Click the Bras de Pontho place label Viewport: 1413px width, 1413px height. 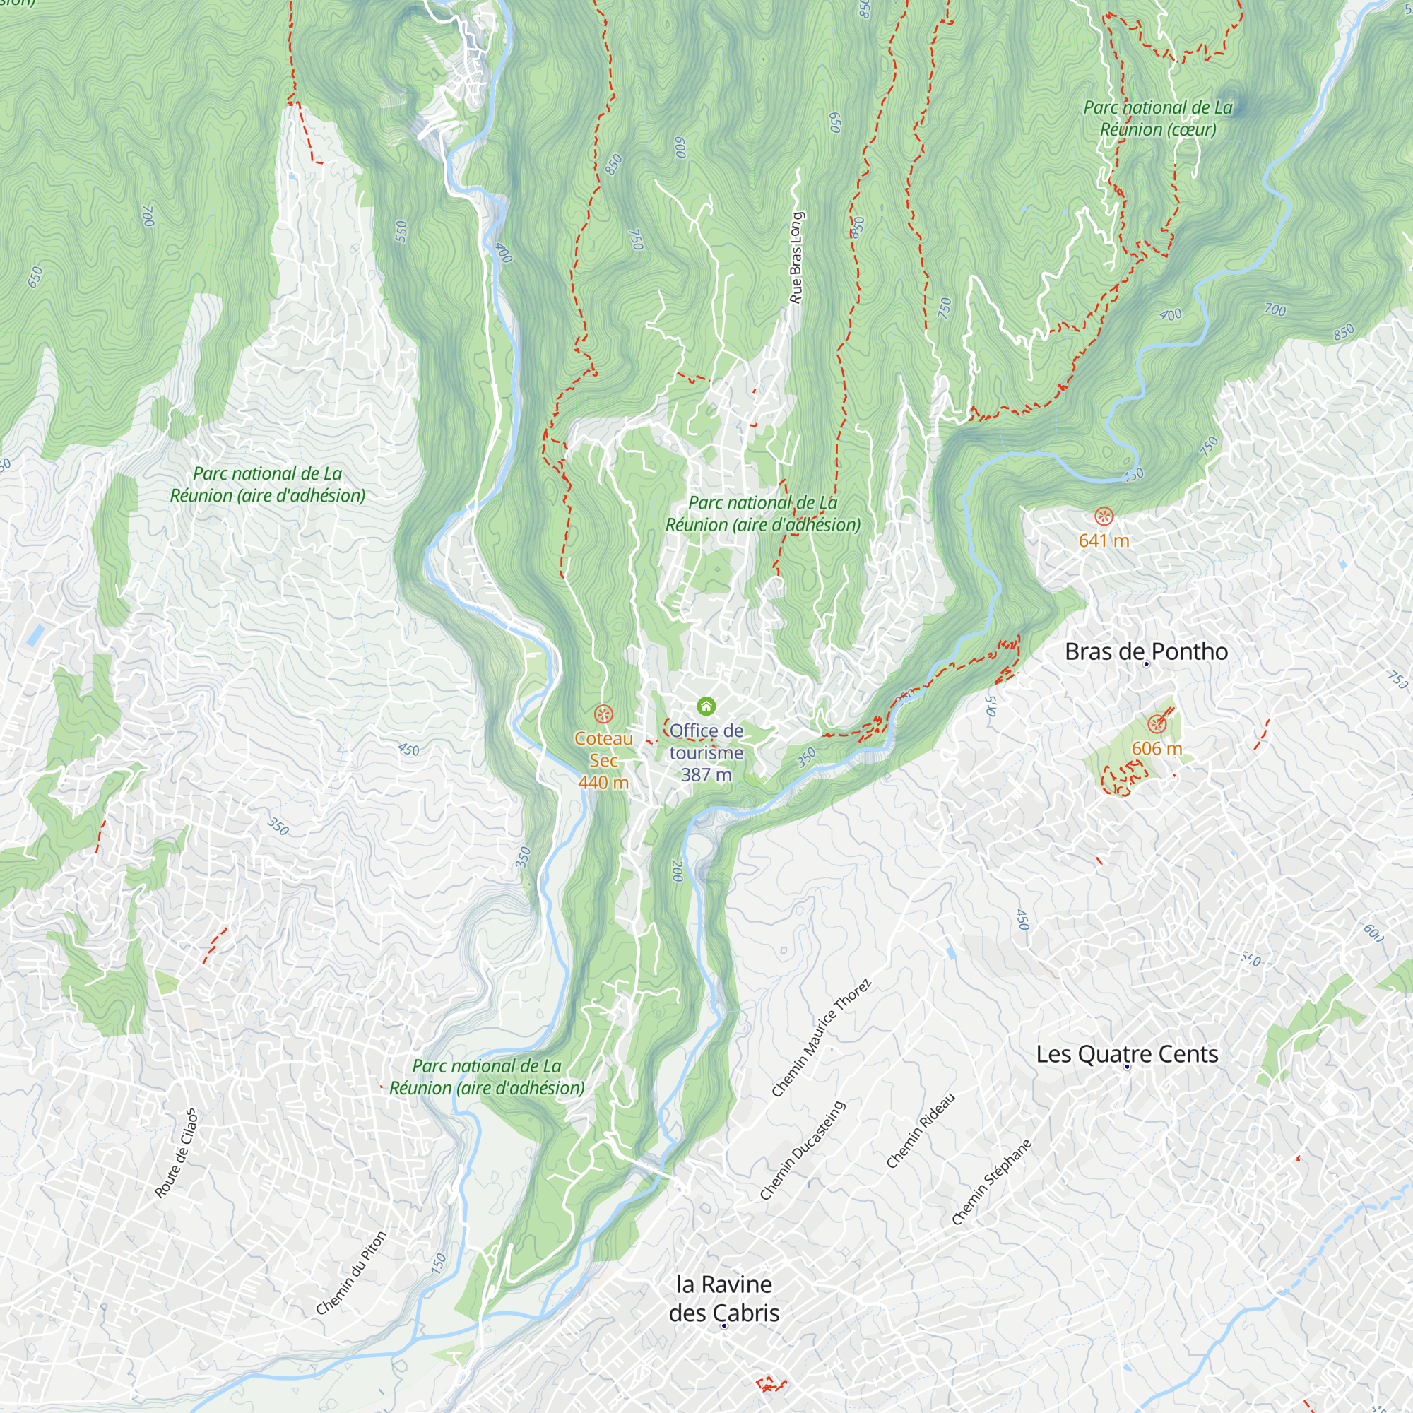(1146, 651)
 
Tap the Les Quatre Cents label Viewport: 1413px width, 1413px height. (1127, 1054)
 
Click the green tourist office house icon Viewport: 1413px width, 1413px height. (706, 706)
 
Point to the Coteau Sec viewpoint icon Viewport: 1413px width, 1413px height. (603, 713)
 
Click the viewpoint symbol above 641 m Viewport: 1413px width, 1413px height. (1104, 516)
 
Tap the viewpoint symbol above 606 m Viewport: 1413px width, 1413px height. (1157, 724)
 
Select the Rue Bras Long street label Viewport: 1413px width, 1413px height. (796, 258)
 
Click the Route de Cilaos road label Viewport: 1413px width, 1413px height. (176, 1154)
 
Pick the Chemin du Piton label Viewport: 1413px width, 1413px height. (351, 1273)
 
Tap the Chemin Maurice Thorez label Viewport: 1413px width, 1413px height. (822, 1038)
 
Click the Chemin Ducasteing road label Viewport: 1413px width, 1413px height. (803, 1150)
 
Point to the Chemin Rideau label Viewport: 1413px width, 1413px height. (921, 1130)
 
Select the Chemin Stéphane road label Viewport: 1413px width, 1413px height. (992, 1182)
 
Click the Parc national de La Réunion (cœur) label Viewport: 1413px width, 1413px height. (1158, 119)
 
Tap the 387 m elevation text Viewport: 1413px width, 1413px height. (706, 775)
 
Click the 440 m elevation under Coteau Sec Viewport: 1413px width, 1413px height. (603, 783)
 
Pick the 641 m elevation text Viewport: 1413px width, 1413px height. (1104, 541)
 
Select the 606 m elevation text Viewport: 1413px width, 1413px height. (1157, 749)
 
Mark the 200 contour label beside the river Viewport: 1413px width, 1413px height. (678, 870)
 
